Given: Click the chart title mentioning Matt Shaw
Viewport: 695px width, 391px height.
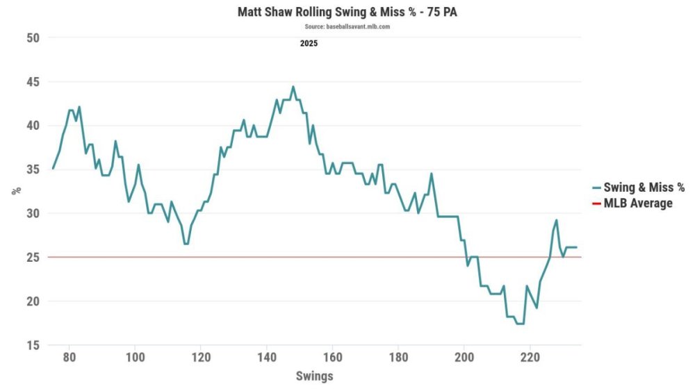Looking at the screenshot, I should coord(347,13).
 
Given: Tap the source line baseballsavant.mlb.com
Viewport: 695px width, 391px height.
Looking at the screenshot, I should coord(347,26).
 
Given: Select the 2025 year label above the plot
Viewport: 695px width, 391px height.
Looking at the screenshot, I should coord(309,44).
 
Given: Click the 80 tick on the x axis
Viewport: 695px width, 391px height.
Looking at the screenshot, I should coord(69,358).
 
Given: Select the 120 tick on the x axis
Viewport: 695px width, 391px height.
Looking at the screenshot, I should coord(200,358).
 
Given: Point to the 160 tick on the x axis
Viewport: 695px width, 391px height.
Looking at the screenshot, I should coord(332,358).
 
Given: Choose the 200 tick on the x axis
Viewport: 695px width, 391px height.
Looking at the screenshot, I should coord(464,358).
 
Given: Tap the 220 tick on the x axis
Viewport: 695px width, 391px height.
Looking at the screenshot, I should coord(530,358).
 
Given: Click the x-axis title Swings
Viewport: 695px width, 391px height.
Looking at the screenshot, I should coord(315,376).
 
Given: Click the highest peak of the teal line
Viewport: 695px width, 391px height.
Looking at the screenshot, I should coord(293,87).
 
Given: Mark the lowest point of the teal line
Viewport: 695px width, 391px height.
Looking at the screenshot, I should coord(520,324).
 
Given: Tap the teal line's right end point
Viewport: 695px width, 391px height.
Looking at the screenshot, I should coord(577,247).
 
